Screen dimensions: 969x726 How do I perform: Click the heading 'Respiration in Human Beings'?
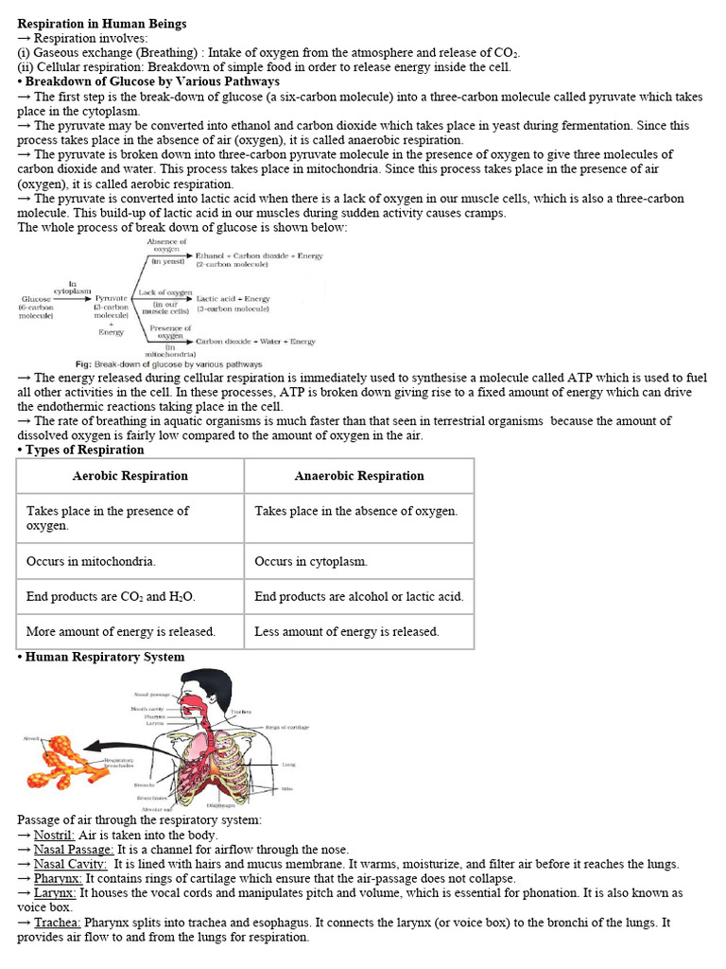[x=102, y=24]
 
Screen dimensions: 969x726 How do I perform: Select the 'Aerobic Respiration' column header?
[x=130, y=476]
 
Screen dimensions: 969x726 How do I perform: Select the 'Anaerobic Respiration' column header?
[x=359, y=476]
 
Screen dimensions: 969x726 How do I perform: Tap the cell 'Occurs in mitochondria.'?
[x=92, y=561]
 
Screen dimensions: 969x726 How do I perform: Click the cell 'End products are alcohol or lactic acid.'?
[x=359, y=597]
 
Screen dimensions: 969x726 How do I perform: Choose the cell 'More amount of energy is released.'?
[x=121, y=631]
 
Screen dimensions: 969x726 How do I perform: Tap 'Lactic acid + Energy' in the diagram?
[x=233, y=299]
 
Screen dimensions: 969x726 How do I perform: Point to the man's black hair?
[x=208, y=683]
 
